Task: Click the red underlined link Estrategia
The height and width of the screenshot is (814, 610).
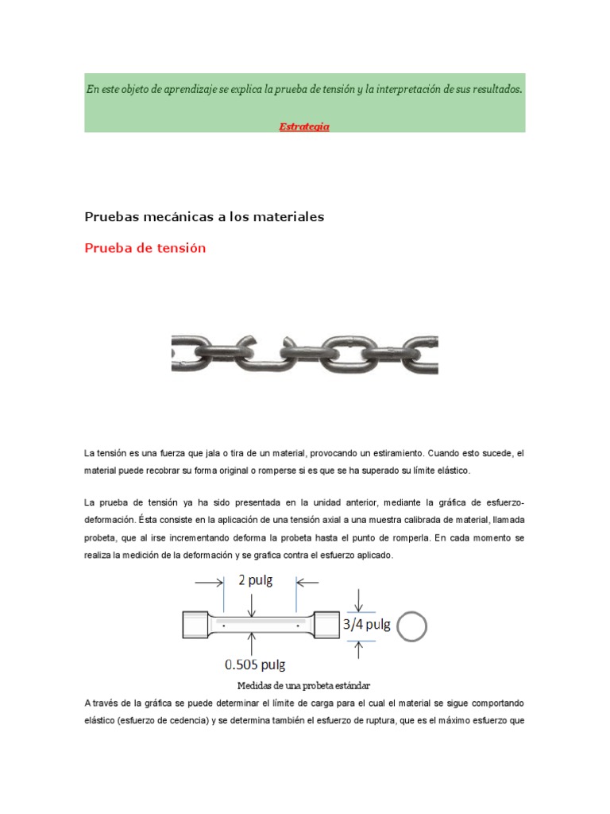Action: point(304,126)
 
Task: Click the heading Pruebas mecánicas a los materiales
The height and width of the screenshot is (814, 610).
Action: point(204,216)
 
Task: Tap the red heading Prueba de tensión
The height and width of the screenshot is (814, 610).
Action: point(145,248)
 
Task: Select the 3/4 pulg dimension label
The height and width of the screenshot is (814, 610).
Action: point(366,625)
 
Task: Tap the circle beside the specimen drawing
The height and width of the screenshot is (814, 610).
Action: point(411,626)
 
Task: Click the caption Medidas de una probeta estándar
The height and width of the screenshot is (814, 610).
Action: point(304,685)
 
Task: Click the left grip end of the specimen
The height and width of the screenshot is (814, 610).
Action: point(197,625)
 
